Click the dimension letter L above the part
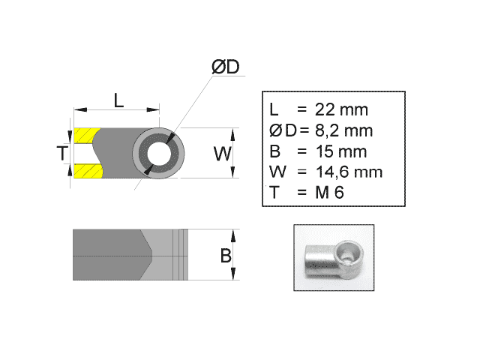click(118, 99)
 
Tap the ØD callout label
click(225, 67)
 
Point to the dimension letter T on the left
click(62, 154)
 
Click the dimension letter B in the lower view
click(225, 255)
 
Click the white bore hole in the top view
click(159, 154)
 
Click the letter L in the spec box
click(274, 109)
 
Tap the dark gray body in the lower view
click(109, 254)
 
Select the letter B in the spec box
click(274, 151)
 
